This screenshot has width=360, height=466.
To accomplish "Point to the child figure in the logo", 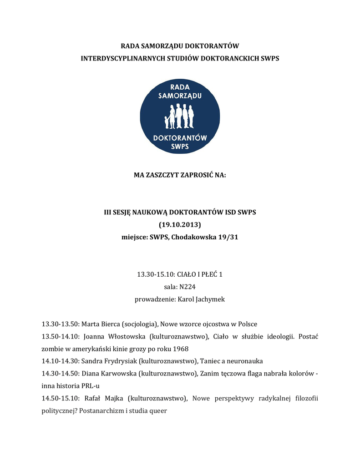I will (167, 122).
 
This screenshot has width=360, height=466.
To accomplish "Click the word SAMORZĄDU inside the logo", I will (180, 96).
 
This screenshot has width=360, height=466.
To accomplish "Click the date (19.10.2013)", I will (180, 225).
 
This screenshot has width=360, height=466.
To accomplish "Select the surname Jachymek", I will (208, 299).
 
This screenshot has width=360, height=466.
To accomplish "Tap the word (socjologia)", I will (139, 324).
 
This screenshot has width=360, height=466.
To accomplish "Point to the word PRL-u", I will (91, 386).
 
